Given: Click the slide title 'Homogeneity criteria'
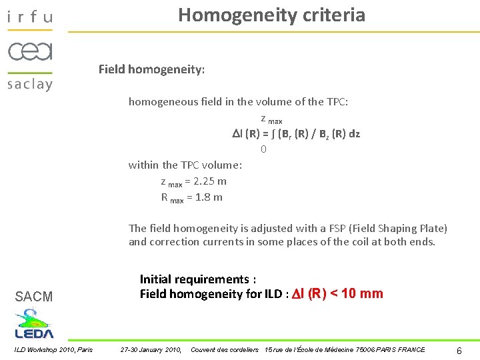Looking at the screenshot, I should click(x=271, y=15).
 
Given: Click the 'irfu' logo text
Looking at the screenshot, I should click(x=29, y=17).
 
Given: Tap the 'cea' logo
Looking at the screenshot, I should click(x=29, y=51).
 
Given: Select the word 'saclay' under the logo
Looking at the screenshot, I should click(x=29, y=83).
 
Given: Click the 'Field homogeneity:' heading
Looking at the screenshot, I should click(x=151, y=69).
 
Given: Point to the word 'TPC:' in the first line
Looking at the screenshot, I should click(x=335, y=102).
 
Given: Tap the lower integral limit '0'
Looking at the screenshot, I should click(x=264, y=149).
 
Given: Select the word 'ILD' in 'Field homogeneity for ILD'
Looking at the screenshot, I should click(x=273, y=294).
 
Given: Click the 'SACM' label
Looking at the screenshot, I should click(x=33, y=297).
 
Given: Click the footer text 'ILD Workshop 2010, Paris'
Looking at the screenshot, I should click(x=53, y=349).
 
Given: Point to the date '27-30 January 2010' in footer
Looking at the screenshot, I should click(x=150, y=349).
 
